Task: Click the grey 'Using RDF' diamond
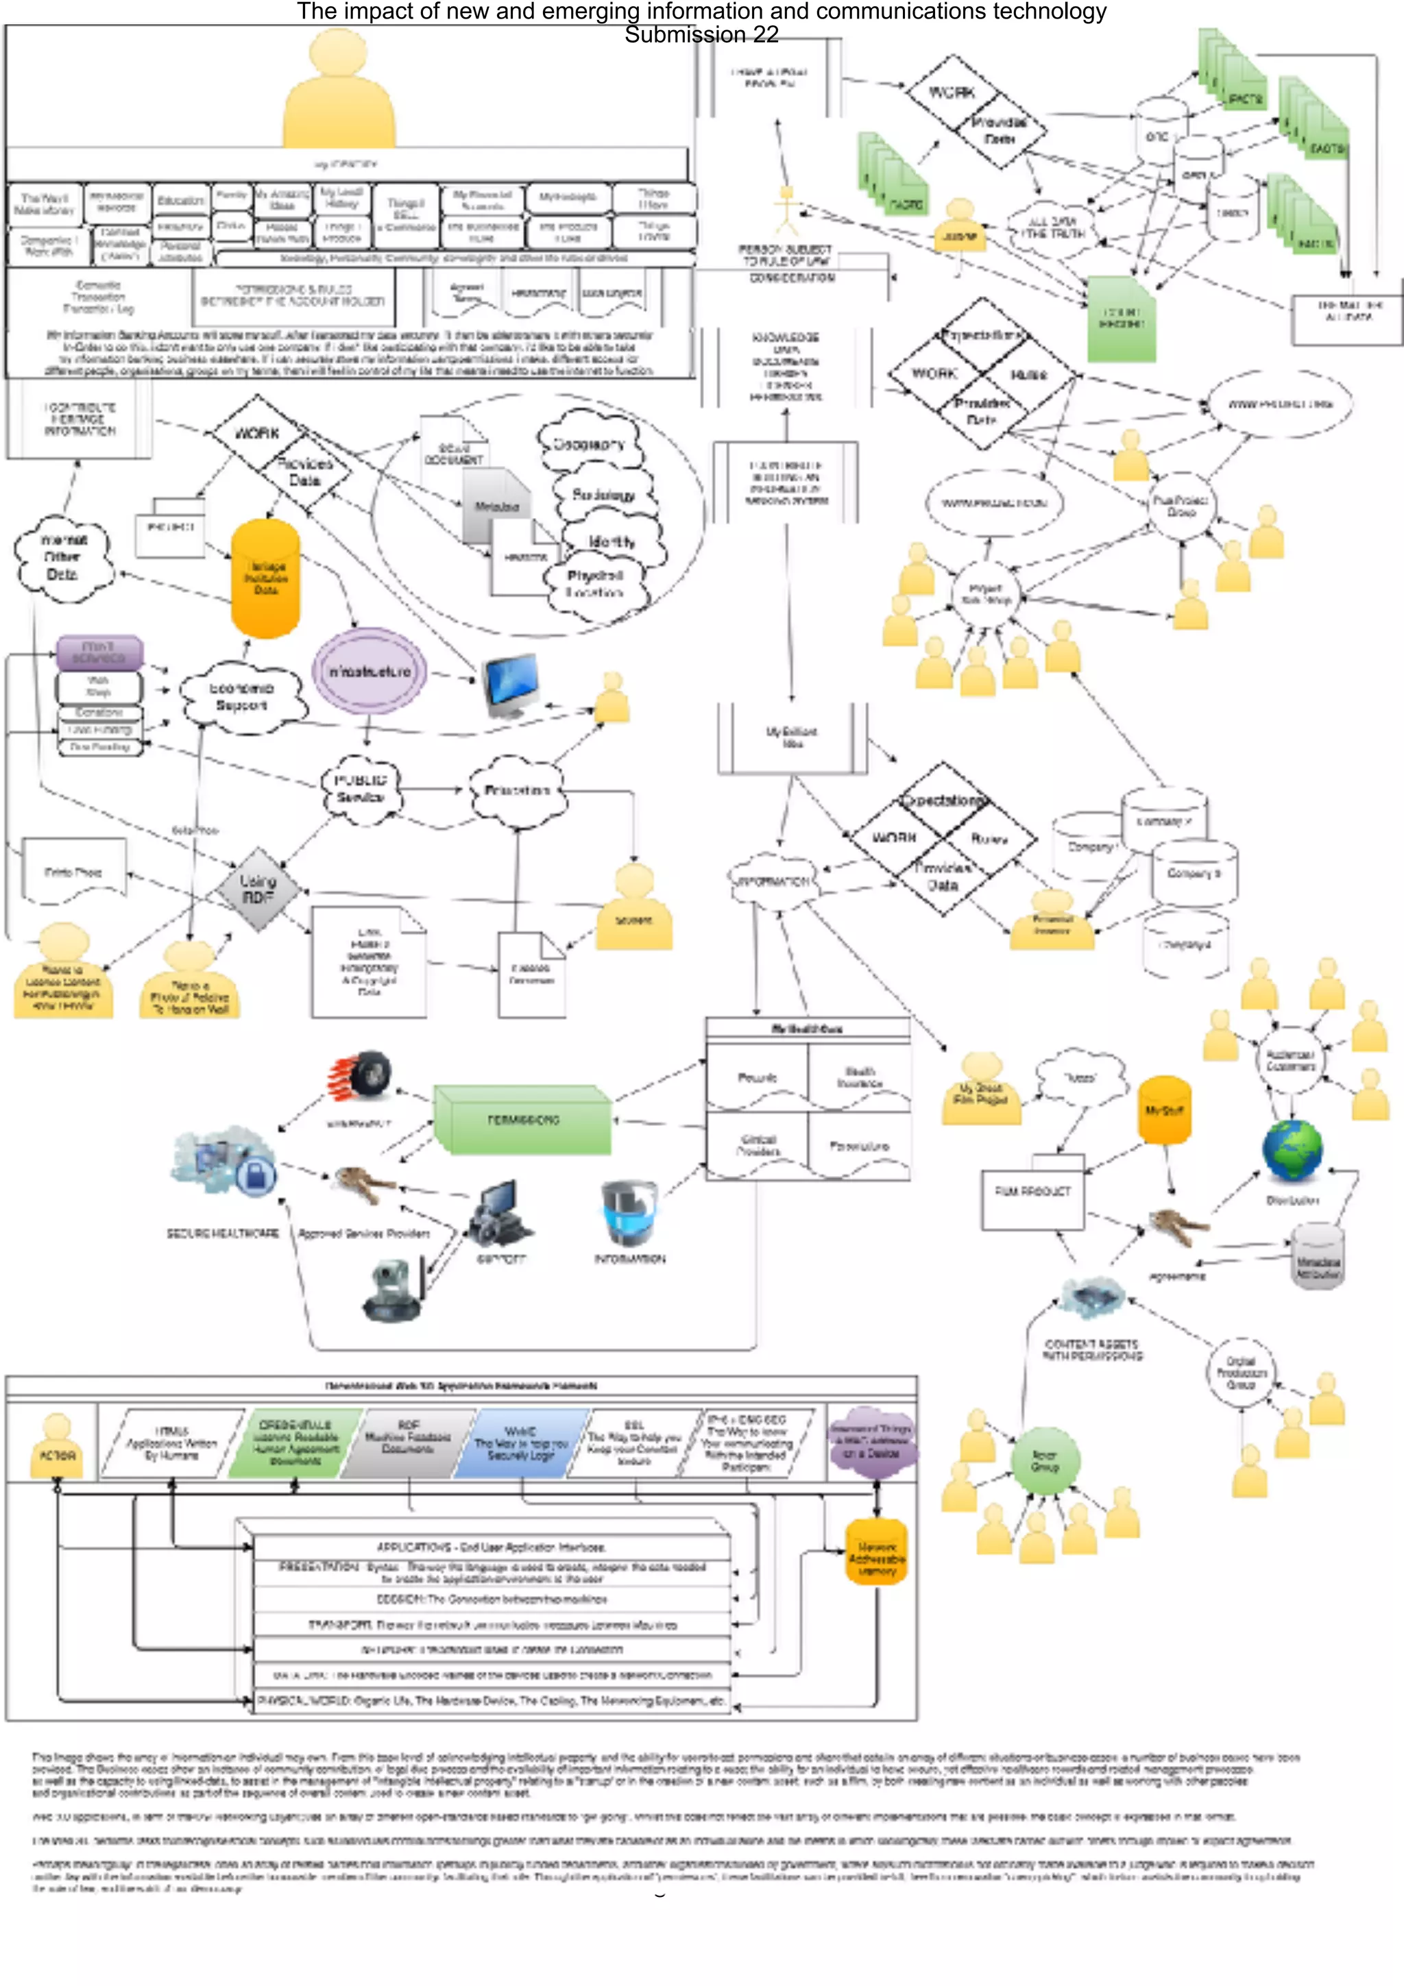click(258, 890)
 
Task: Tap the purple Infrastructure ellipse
click(370, 671)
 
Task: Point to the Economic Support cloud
click(242, 697)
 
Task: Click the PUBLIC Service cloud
click(360, 788)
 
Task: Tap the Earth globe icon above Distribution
click(1292, 1151)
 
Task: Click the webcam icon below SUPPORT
click(394, 1290)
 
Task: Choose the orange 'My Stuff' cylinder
click(1164, 1111)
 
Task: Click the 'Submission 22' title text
click(701, 34)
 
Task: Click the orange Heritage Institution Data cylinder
click(265, 578)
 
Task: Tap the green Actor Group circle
click(1045, 1461)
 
